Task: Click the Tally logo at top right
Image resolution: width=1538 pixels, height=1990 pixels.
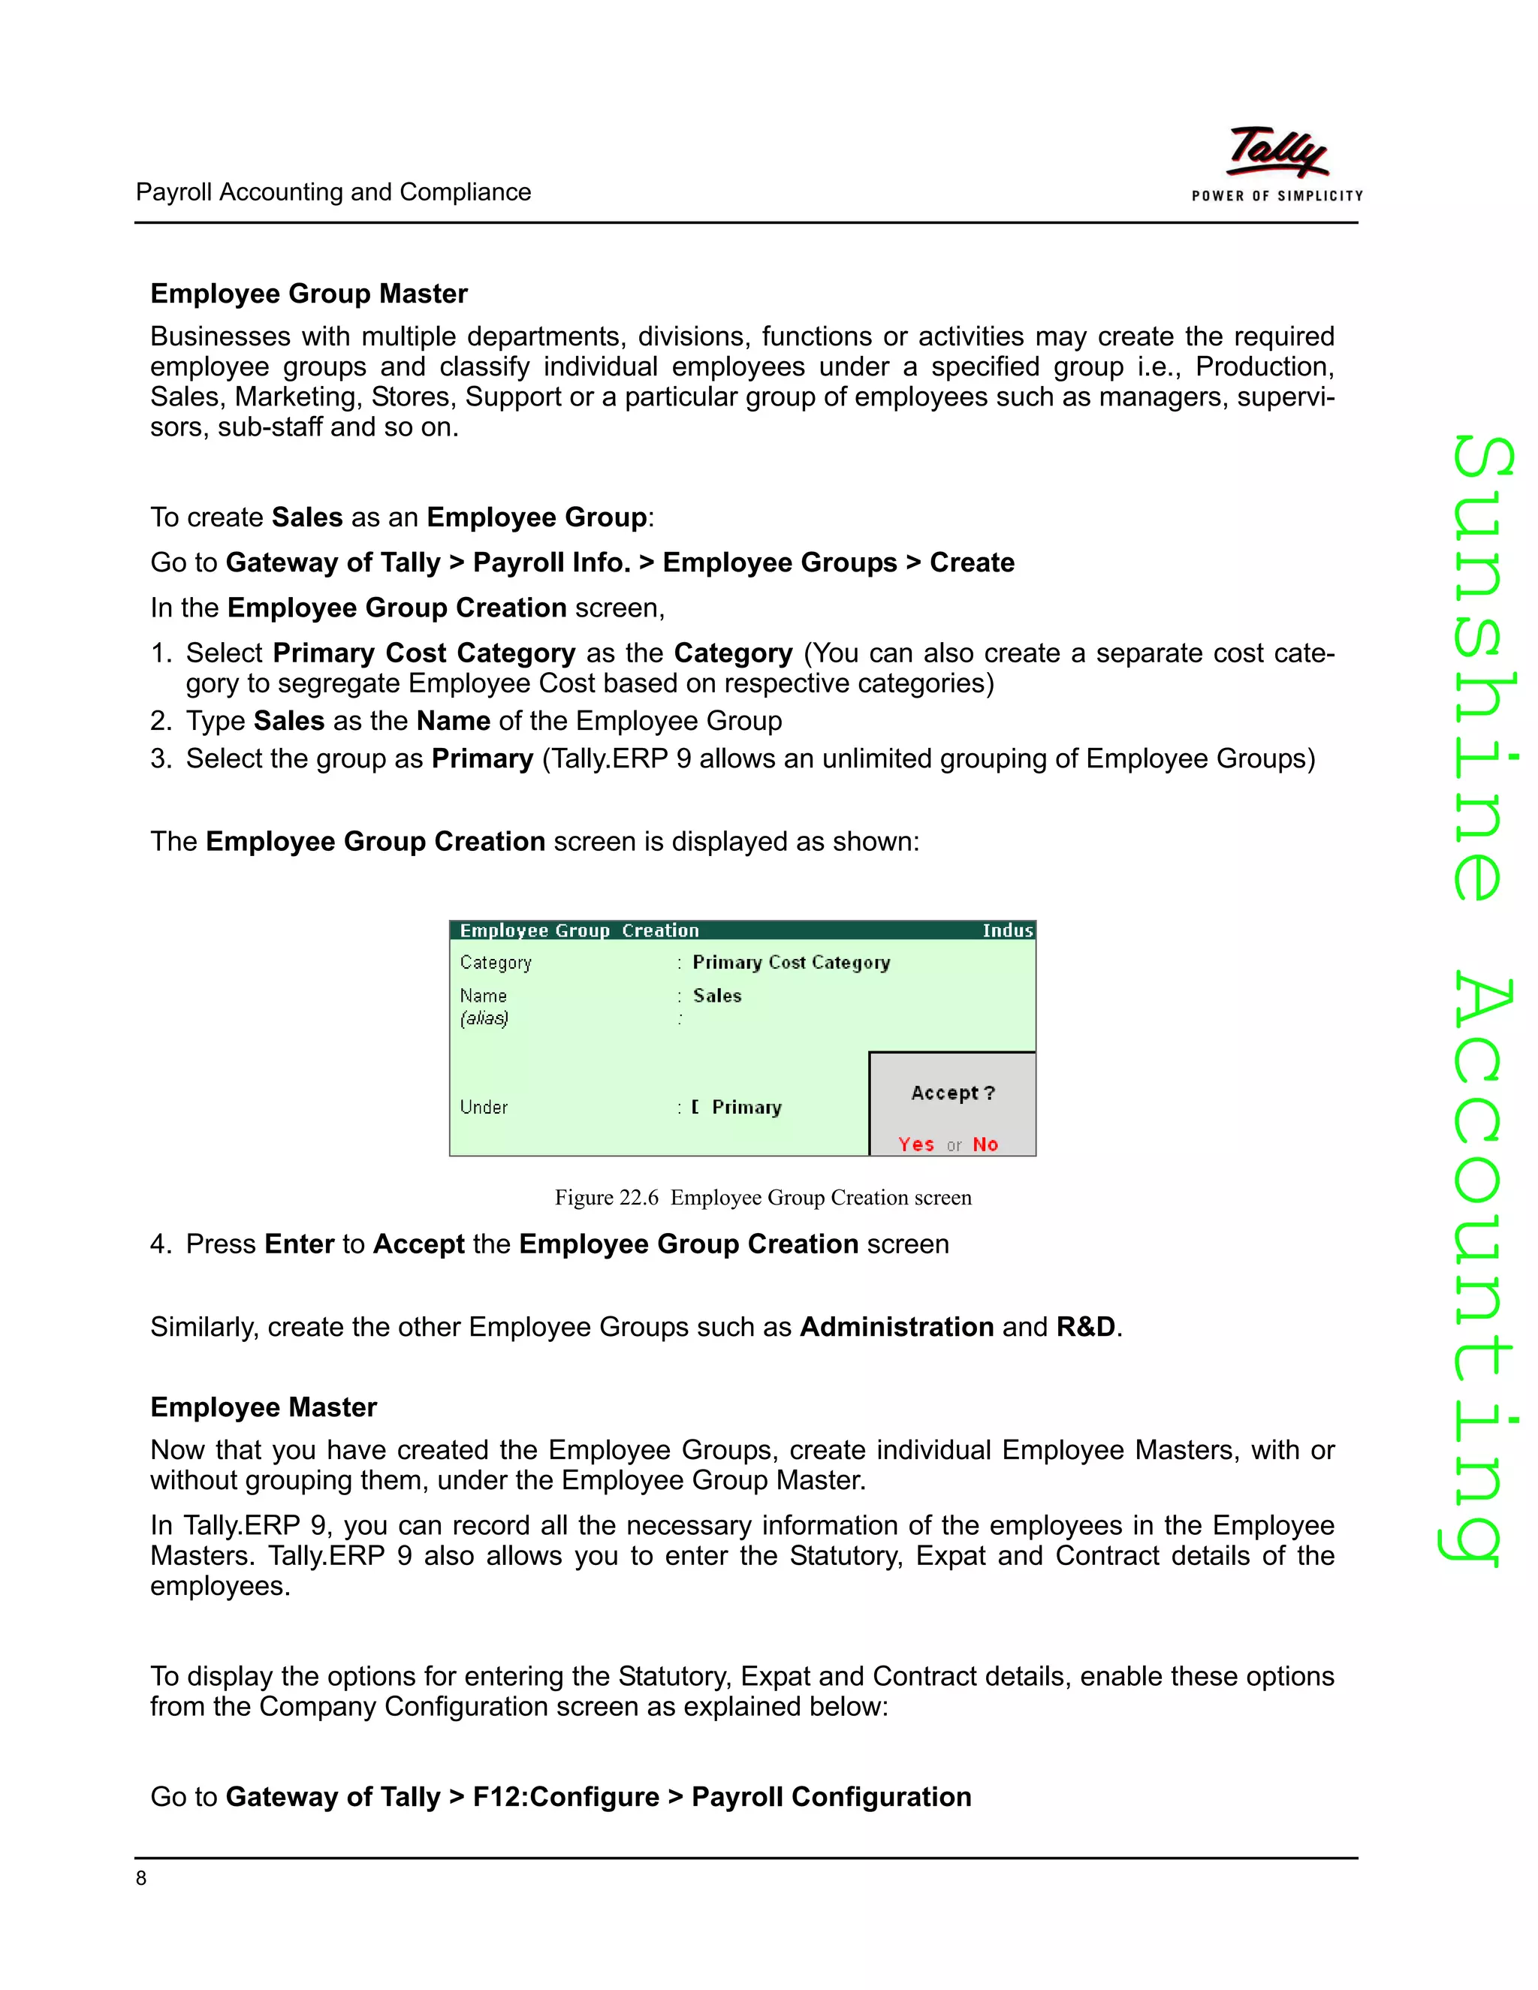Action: coord(1277,152)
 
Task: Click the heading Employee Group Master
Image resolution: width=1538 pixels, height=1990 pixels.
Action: coord(309,294)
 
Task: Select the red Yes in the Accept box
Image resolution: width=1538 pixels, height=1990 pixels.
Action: coord(915,1144)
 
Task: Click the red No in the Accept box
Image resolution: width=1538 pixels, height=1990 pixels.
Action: coord(985,1144)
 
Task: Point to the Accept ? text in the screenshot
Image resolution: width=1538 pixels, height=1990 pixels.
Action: coord(953,1093)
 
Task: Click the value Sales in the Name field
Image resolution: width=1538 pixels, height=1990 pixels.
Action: coord(717,996)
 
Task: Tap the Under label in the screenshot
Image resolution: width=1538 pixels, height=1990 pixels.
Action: coord(484,1107)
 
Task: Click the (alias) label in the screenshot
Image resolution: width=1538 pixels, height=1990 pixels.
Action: coord(484,1019)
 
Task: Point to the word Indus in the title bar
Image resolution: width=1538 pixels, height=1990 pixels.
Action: coord(1007,930)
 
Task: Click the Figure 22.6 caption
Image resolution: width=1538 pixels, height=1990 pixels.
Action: coord(763,1197)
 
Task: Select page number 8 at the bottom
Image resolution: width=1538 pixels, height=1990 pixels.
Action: coord(141,1878)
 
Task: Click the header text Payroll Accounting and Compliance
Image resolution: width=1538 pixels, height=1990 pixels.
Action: coord(333,192)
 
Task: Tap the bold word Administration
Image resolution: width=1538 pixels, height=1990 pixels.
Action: coord(897,1327)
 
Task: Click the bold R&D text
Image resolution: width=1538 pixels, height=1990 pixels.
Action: coord(1085,1327)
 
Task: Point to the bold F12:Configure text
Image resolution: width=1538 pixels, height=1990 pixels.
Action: coord(565,1797)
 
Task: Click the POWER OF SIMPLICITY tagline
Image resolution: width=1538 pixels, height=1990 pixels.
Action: coord(1277,196)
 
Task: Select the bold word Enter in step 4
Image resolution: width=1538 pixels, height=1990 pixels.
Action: coord(299,1244)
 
